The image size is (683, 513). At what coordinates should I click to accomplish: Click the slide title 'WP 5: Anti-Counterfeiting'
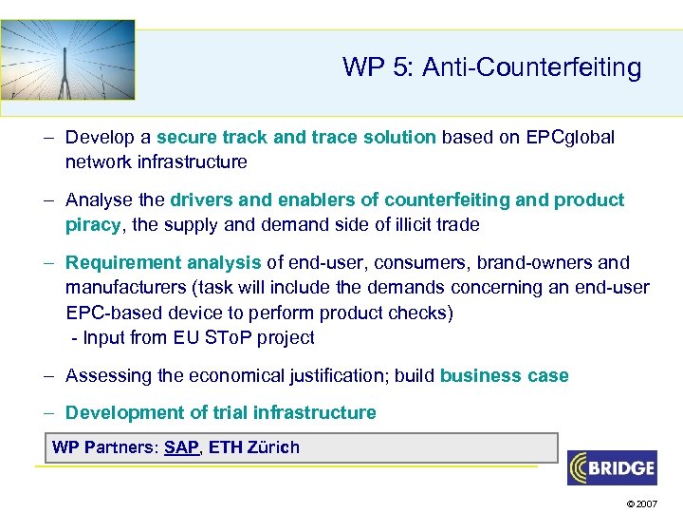pyautogui.click(x=491, y=67)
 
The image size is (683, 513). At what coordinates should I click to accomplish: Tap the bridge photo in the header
pyautogui.click(x=67, y=60)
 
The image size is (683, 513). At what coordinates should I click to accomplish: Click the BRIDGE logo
pyautogui.click(x=611, y=467)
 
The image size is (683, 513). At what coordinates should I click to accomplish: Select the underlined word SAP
pyautogui.click(x=181, y=447)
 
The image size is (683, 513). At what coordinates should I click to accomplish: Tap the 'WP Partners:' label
pyautogui.click(x=105, y=447)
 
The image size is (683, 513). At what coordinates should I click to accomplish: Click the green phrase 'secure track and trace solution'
pyautogui.click(x=296, y=137)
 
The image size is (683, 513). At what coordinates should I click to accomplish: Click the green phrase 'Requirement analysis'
pyautogui.click(x=163, y=262)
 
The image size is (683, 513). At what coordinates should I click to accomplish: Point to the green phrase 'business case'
pyautogui.click(x=504, y=375)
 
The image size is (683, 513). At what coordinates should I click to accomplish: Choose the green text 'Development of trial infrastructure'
pyautogui.click(x=220, y=412)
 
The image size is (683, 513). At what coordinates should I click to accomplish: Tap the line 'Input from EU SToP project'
pyautogui.click(x=196, y=337)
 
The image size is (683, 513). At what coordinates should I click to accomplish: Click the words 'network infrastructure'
pyautogui.click(x=156, y=161)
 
